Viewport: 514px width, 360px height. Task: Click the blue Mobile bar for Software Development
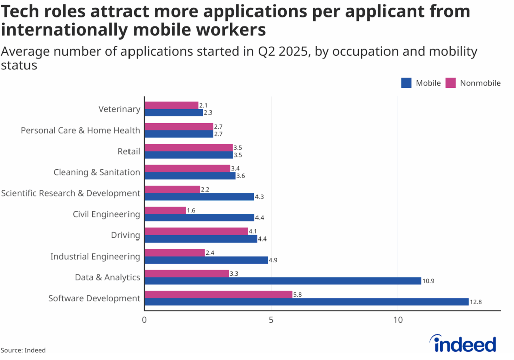click(x=306, y=302)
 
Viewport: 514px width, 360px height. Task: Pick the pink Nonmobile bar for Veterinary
click(x=171, y=105)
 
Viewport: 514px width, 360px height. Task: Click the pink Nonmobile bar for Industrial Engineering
click(x=174, y=253)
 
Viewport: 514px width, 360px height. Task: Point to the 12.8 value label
click(x=476, y=302)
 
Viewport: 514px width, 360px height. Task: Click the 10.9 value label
click(x=428, y=281)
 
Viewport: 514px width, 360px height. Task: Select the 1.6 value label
click(x=191, y=211)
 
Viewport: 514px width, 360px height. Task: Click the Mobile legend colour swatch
click(x=406, y=83)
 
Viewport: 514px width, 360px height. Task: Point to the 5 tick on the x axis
click(x=271, y=320)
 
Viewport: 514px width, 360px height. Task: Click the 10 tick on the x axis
click(x=398, y=320)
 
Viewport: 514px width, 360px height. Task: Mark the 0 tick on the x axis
click(x=145, y=320)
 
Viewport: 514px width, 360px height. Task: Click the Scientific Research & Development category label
click(x=70, y=193)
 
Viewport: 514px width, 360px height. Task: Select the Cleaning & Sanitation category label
click(x=96, y=172)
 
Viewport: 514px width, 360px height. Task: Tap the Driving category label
click(x=125, y=235)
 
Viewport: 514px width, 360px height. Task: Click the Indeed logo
click(x=464, y=344)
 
